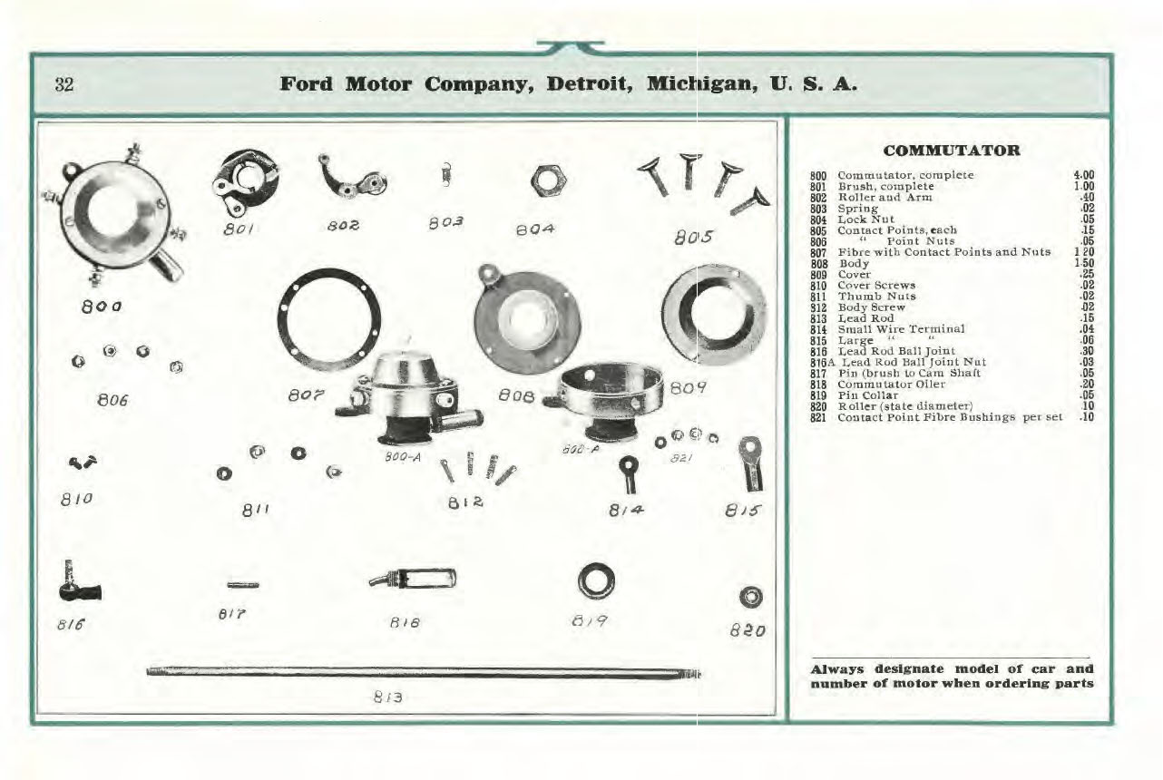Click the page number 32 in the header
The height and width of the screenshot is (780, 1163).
coord(64,85)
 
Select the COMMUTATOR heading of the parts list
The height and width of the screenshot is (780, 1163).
coord(951,151)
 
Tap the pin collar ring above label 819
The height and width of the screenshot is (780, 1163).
coord(598,580)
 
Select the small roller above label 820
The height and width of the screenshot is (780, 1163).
coord(751,597)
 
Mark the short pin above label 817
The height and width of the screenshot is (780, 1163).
coord(242,585)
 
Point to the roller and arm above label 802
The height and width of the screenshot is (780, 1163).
coord(350,178)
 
